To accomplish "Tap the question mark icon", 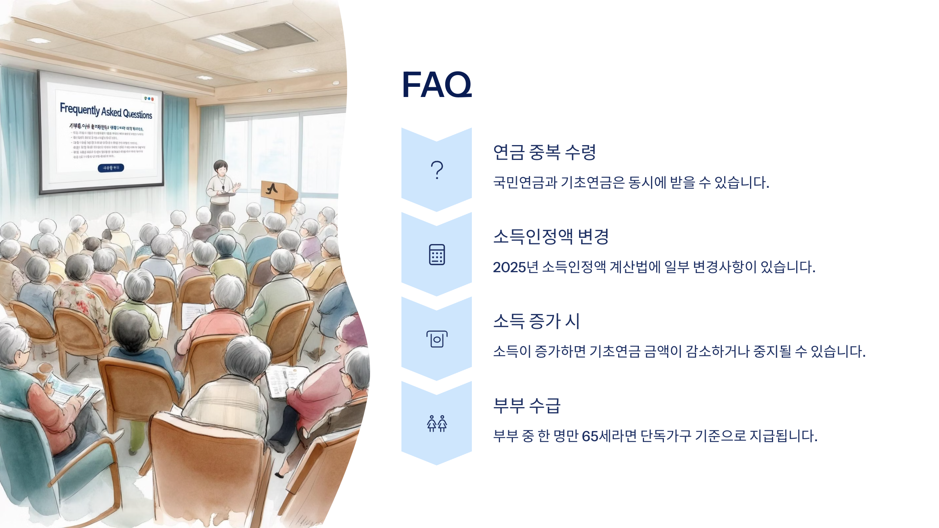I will [437, 170].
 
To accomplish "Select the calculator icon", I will [437, 255].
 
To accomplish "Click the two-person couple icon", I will [437, 424].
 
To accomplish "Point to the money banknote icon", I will [437, 339].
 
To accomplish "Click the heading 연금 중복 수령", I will [544, 152].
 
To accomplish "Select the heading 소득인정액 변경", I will [550, 237].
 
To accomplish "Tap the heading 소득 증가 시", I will [536, 321].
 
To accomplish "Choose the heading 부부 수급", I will [527, 406].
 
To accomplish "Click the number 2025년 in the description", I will [515, 267].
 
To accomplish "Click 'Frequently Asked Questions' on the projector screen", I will [106, 111].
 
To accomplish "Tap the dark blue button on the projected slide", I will [111, 168].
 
